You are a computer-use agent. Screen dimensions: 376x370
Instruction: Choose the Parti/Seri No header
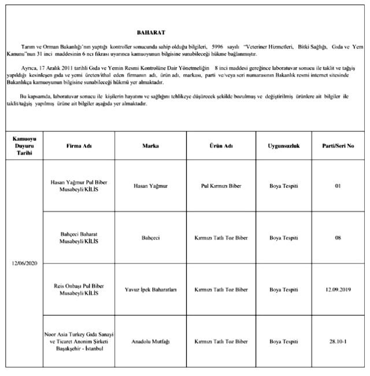(x=338, y=146)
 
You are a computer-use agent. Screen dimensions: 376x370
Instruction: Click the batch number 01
(x=338, y=186)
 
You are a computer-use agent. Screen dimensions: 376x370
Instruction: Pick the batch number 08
(x=338, y=238)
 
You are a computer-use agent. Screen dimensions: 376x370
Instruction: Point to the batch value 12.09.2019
(x=338, y=289)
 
